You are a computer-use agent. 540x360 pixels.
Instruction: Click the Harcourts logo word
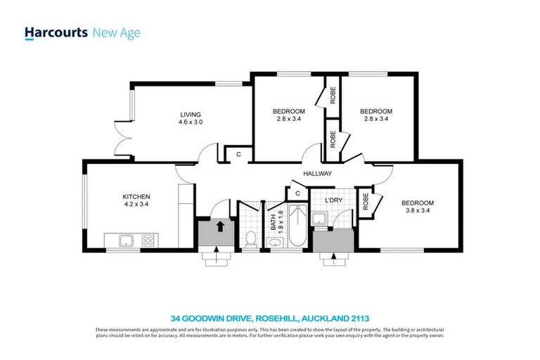pos(56,33)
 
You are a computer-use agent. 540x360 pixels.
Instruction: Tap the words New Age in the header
pos(117,33)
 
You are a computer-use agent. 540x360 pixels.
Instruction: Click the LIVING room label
pos(190,115)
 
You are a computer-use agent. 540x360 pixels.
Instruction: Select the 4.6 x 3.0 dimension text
pos(190,122)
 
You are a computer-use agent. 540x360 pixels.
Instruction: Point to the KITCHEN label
pos(136,196)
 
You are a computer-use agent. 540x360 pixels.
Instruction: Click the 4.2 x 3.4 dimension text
pos(136,205)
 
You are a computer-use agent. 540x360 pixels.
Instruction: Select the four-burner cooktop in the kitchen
pos(148,240)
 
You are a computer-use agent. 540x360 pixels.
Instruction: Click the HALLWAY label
pos(317,174)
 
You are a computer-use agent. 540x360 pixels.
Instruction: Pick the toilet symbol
pos(250,239)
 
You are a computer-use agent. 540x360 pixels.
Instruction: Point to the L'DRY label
pos(333,200)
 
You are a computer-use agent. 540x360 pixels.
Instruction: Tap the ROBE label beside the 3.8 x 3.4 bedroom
pos(365,202)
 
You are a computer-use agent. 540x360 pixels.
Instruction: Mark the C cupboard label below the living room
pos(238,153)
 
